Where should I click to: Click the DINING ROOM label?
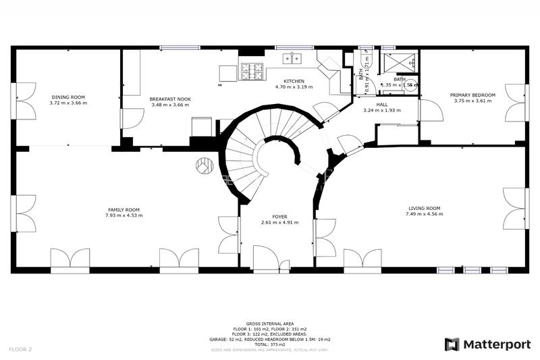pos(67,97)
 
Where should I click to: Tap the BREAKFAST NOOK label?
pos(170,99)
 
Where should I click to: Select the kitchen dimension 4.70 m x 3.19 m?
pos(294,86)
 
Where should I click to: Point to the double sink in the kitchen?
pos(293,59)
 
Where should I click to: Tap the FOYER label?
pos(279,216)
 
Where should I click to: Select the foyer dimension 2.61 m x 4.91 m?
pos(279,222)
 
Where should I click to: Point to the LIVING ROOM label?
pos(424,208)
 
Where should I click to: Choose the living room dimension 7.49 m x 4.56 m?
pos(424,214)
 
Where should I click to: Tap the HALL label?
pos(382,105)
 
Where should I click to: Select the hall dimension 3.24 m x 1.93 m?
pos(382,110)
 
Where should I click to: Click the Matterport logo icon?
pos(452,344)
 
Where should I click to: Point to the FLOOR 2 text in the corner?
pos(21,349)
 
